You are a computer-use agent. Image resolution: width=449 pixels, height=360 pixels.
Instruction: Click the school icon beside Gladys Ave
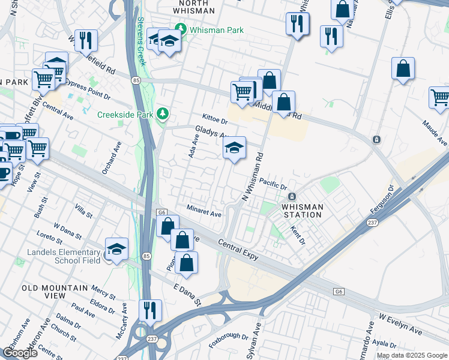tap(234, 148)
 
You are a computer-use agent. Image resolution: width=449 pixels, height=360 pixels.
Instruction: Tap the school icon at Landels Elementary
tap(116, 249)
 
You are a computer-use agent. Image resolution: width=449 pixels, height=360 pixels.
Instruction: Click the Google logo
tap(20, 353)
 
